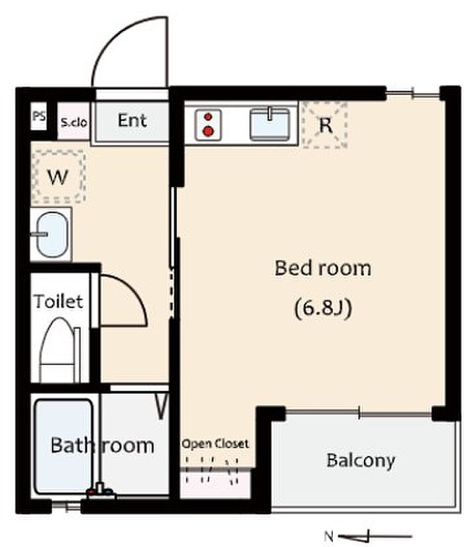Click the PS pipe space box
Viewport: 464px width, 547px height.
tap(38, 116)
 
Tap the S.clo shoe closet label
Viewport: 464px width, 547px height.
tap(74, 123)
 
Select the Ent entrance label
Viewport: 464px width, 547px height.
tap(132, 121)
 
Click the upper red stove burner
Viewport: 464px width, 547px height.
tap(208, 117)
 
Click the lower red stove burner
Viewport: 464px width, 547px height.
tap(208, 131)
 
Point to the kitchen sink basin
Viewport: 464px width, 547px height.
tap(270, 125)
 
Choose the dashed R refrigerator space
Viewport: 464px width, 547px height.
tap(325, 125)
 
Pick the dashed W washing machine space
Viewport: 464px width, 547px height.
tap(58, 177)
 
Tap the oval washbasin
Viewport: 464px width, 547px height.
tap(52, 234)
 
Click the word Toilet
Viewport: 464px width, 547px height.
tap(58, 301)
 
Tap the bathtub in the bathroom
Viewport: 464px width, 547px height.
tap(64, 446)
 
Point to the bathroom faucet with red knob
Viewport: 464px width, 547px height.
tap(101, 491)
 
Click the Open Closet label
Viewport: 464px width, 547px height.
tap(215, 444)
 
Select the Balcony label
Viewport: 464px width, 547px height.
tap(361, 461)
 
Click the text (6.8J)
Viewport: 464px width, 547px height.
tap(323, 309)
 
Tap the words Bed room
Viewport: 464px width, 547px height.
tap(323, 269)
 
